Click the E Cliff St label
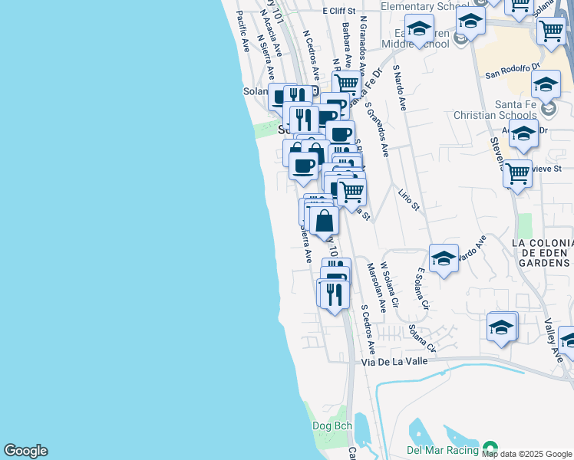[x=340, y=11]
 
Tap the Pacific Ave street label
[x=244, y=31]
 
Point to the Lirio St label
[x=409, y=198]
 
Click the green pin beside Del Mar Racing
[x=488, y=449]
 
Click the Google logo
[x=25, y=451]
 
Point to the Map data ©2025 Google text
[x=527, y=454]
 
